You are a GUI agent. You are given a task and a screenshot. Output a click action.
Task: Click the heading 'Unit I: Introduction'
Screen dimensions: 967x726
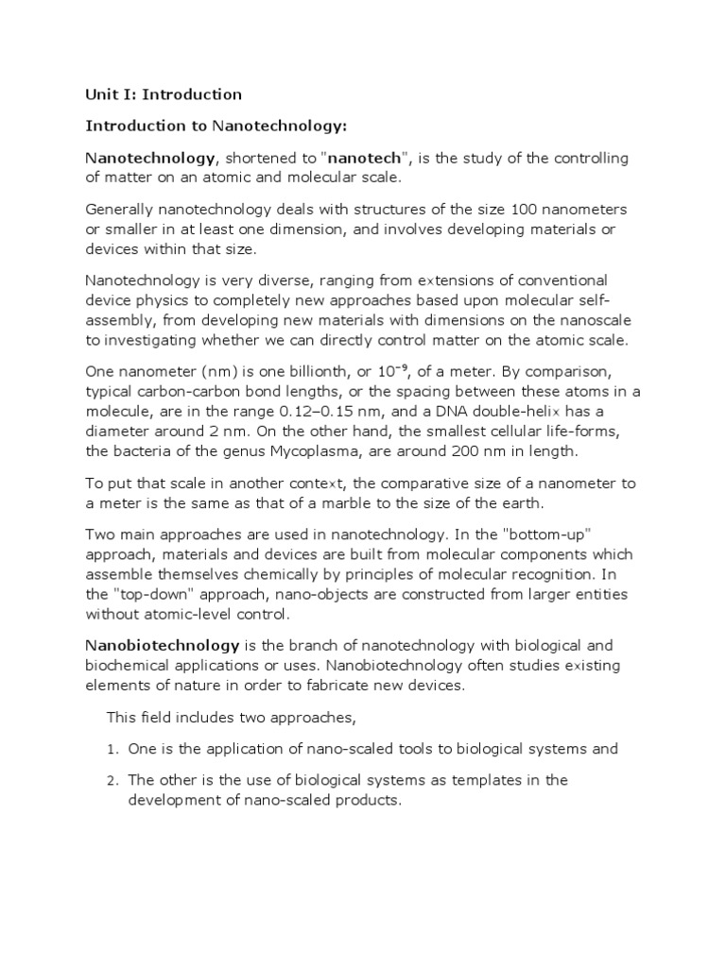164,94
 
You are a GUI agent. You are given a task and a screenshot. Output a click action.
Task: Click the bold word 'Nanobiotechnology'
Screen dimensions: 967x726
163,646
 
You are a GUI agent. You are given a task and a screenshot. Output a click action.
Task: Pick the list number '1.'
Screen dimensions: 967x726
111,749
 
